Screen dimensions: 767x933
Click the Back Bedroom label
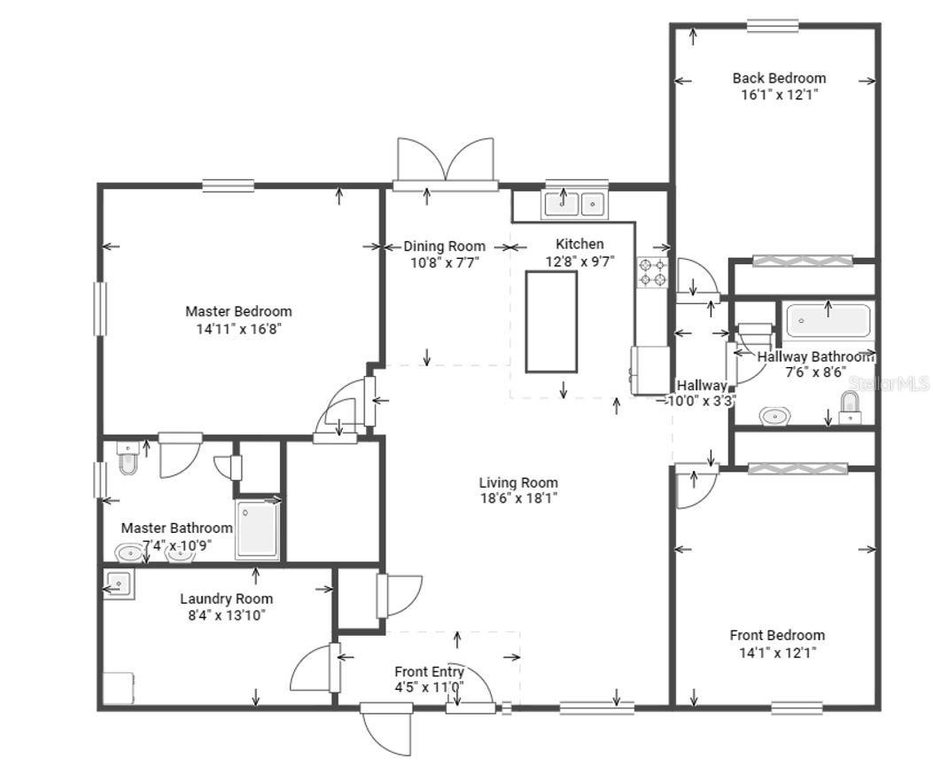[x=779, y=78]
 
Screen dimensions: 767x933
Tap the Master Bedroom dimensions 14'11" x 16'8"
[x=238, y=328]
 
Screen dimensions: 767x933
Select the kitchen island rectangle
[x=551, y=321]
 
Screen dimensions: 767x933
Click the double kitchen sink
[x=573, y=204]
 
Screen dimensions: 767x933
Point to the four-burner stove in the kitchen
[x=652, y=270]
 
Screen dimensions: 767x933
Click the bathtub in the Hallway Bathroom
[x=828, y=320]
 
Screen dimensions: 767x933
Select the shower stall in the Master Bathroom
[x=257, y=529]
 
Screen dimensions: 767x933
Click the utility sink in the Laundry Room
[x=118, y=585]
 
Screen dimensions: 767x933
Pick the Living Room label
[x=518, y=482]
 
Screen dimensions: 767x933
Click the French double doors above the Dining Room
[x=445, y=164]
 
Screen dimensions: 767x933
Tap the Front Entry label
[x=429, y=671]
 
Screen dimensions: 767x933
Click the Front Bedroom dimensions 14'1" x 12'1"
[x=776, y=653]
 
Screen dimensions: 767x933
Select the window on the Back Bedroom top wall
[x=772, y=26]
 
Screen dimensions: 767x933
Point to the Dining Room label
[x=444, y=246]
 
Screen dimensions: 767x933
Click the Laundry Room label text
[x=226, y=599]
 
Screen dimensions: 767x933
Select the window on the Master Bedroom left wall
[x=100, y=309]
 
